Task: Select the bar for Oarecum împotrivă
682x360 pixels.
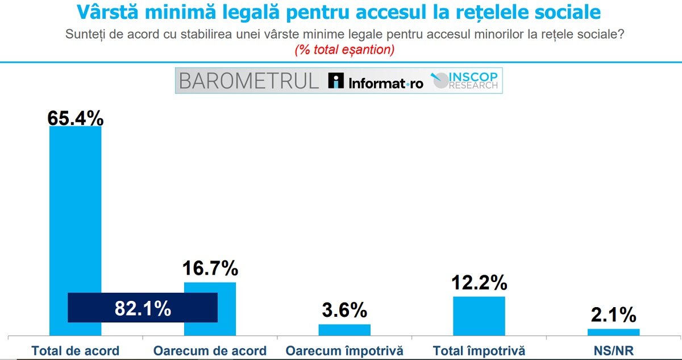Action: coord(344,330)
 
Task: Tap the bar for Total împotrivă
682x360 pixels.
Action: coord(479,316)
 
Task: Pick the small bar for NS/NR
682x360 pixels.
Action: coord(613,332)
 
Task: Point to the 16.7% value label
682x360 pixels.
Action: coord(210,268)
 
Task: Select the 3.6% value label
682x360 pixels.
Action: coord(344,311)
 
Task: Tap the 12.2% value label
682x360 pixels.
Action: coord(479,282)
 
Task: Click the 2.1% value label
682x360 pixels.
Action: coord(613,315)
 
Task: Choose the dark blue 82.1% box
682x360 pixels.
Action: coord(142,308)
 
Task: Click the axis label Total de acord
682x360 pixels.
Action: coord(75,350)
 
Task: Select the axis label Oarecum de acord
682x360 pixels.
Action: coord(210,350)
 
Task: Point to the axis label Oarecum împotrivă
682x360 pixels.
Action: coord(344,350)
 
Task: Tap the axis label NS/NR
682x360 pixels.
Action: coord(613,350)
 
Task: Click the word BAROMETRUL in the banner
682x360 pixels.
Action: coord(249,81)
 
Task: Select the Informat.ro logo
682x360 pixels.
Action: coord(376,81)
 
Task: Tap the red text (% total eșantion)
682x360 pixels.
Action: coord(344,50)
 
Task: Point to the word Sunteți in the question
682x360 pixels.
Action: coord(86,34)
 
